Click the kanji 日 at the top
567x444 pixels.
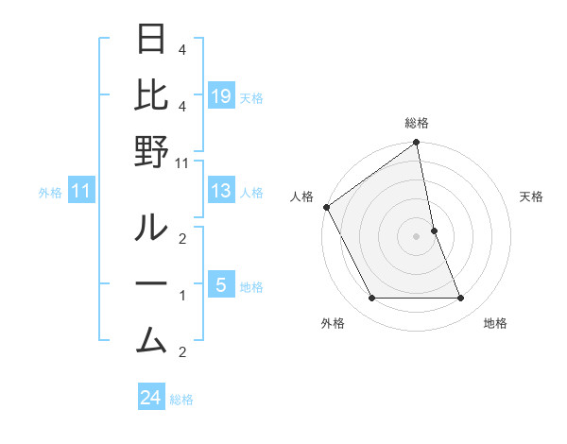[152, 41]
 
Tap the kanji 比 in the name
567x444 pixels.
[152, 97]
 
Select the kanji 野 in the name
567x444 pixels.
[152, 154]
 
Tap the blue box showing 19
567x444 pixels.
[220, 96]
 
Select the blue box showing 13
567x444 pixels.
[220, 192]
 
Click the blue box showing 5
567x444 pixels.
[220, 285]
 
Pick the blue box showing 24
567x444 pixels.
[151, 398]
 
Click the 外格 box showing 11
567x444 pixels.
[80, 192]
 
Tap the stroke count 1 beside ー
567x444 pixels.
[182, 296]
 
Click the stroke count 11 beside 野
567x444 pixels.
[183, 163]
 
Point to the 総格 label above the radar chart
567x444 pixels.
[416, 123]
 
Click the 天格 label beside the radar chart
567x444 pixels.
[532, 196]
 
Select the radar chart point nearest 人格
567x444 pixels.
[326, 207]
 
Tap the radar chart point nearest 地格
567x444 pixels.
[461, 299]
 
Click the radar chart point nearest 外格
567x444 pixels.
[371, 299]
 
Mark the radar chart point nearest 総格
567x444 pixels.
[416, 144]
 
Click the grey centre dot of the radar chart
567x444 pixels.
[416, 236]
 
